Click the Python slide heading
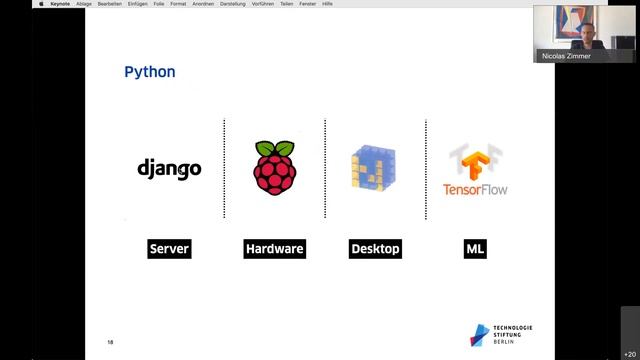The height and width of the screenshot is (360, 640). (x=149, y=72)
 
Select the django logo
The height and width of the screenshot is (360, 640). (x=169, y=168)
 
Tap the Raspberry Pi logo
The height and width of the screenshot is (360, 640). (x=275, y=167)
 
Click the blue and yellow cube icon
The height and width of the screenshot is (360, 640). (x=374, y=168)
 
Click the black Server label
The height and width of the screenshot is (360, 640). (x=169, y=249)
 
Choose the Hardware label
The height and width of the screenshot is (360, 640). (x=274, y=249)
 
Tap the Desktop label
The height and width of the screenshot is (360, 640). (x=375, y=249)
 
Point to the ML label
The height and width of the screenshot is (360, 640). (x=475, y=249)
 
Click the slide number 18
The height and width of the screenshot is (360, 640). (x=111, y=343)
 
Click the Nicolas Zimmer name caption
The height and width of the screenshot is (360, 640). (x=566, y=56)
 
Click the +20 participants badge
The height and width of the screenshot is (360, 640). (x=629, y=353)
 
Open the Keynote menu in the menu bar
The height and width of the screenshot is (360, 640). (x=60, y=4)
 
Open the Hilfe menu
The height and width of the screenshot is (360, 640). (x=327, y=4)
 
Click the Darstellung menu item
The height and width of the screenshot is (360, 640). (x=232, y=4)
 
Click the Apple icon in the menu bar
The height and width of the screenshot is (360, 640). (x=41, y=4)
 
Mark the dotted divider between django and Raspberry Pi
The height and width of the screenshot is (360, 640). (x=224, y=168)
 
